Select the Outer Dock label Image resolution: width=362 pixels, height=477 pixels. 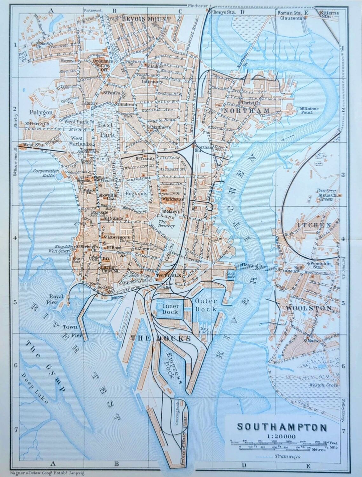click(206, 305)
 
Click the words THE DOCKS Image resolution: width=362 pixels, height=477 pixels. click(161, 338)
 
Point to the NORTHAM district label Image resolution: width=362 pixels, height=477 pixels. click(246, 110)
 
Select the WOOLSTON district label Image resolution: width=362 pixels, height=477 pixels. click(309, 308)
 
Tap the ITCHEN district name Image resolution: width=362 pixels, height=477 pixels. click(314, 225)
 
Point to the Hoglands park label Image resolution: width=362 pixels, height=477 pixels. click(137, 193)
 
